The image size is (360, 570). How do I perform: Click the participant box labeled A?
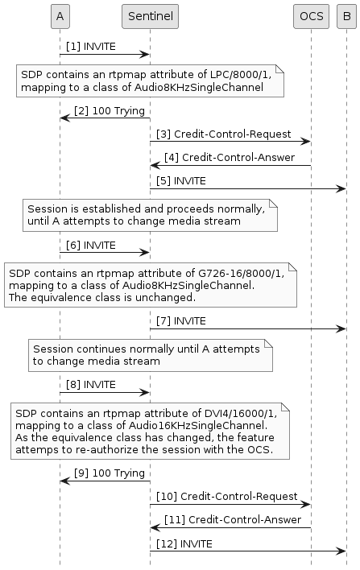(59, 15)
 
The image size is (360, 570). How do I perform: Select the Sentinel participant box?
(150, 15)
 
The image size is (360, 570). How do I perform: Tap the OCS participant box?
(311, 15)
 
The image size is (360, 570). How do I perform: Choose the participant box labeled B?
(346, 15)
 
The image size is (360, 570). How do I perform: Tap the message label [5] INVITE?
(181, 180)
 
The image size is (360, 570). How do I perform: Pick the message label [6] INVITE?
(91, 245)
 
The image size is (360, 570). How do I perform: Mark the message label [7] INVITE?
(181, 320)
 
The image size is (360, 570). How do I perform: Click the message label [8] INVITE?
(91, 384)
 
